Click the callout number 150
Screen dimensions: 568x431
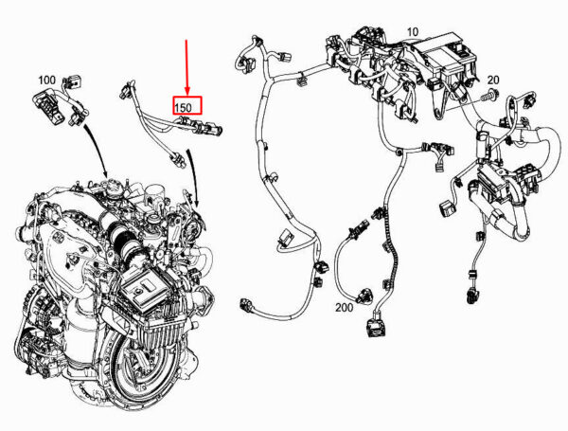183,107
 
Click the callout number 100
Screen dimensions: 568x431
46,80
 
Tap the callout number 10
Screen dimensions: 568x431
413,32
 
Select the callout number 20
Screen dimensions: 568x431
493,80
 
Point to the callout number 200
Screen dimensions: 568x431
344,308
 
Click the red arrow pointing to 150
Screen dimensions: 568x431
186,67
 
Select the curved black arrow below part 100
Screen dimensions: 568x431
98,150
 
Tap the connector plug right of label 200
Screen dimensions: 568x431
377,326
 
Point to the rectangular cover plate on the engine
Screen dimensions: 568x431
145,287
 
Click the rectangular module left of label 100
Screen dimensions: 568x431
47,106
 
